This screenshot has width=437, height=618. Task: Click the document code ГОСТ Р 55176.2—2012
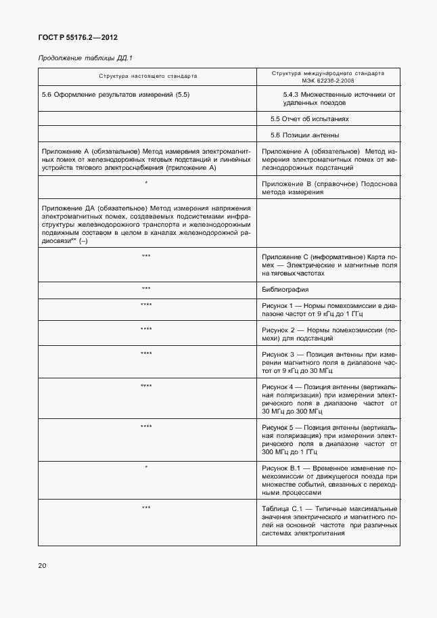pyautogui.click(x=72, y=38)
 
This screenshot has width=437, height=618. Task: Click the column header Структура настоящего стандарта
pyautogui.click(x=148, y=76)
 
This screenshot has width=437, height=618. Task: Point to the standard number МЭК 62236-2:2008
pyautogui.click(x=327, y=80)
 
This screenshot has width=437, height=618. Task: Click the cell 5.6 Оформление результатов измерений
pyautogui.click(x=116, y=95)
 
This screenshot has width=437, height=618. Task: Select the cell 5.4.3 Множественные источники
pyautogui.click(x=338, y=99)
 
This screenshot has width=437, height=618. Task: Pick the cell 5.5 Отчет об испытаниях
pyautogui.click(x=309, y=118)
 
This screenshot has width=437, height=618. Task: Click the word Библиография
pyautogui.click(x=285, y=290)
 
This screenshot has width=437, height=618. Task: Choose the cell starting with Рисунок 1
pyautogui.click(x=329, y=310)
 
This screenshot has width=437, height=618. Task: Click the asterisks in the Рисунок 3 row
pyautogui.click(x=146, y=354)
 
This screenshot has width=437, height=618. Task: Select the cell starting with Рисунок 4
pyautogui.click(x=329, y=399)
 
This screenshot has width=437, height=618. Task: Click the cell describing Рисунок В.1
pyautogui.click(x=329, y=481)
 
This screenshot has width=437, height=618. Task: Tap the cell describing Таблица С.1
pyautogui.click(x=329, y=521)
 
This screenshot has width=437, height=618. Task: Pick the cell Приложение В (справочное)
pyautogui.click(x=329, y=187)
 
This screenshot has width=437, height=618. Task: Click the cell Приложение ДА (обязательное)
pyautogui.click(x=146, y=224)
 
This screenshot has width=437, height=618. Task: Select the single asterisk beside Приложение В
pyautogui.click(x=146, y=183)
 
